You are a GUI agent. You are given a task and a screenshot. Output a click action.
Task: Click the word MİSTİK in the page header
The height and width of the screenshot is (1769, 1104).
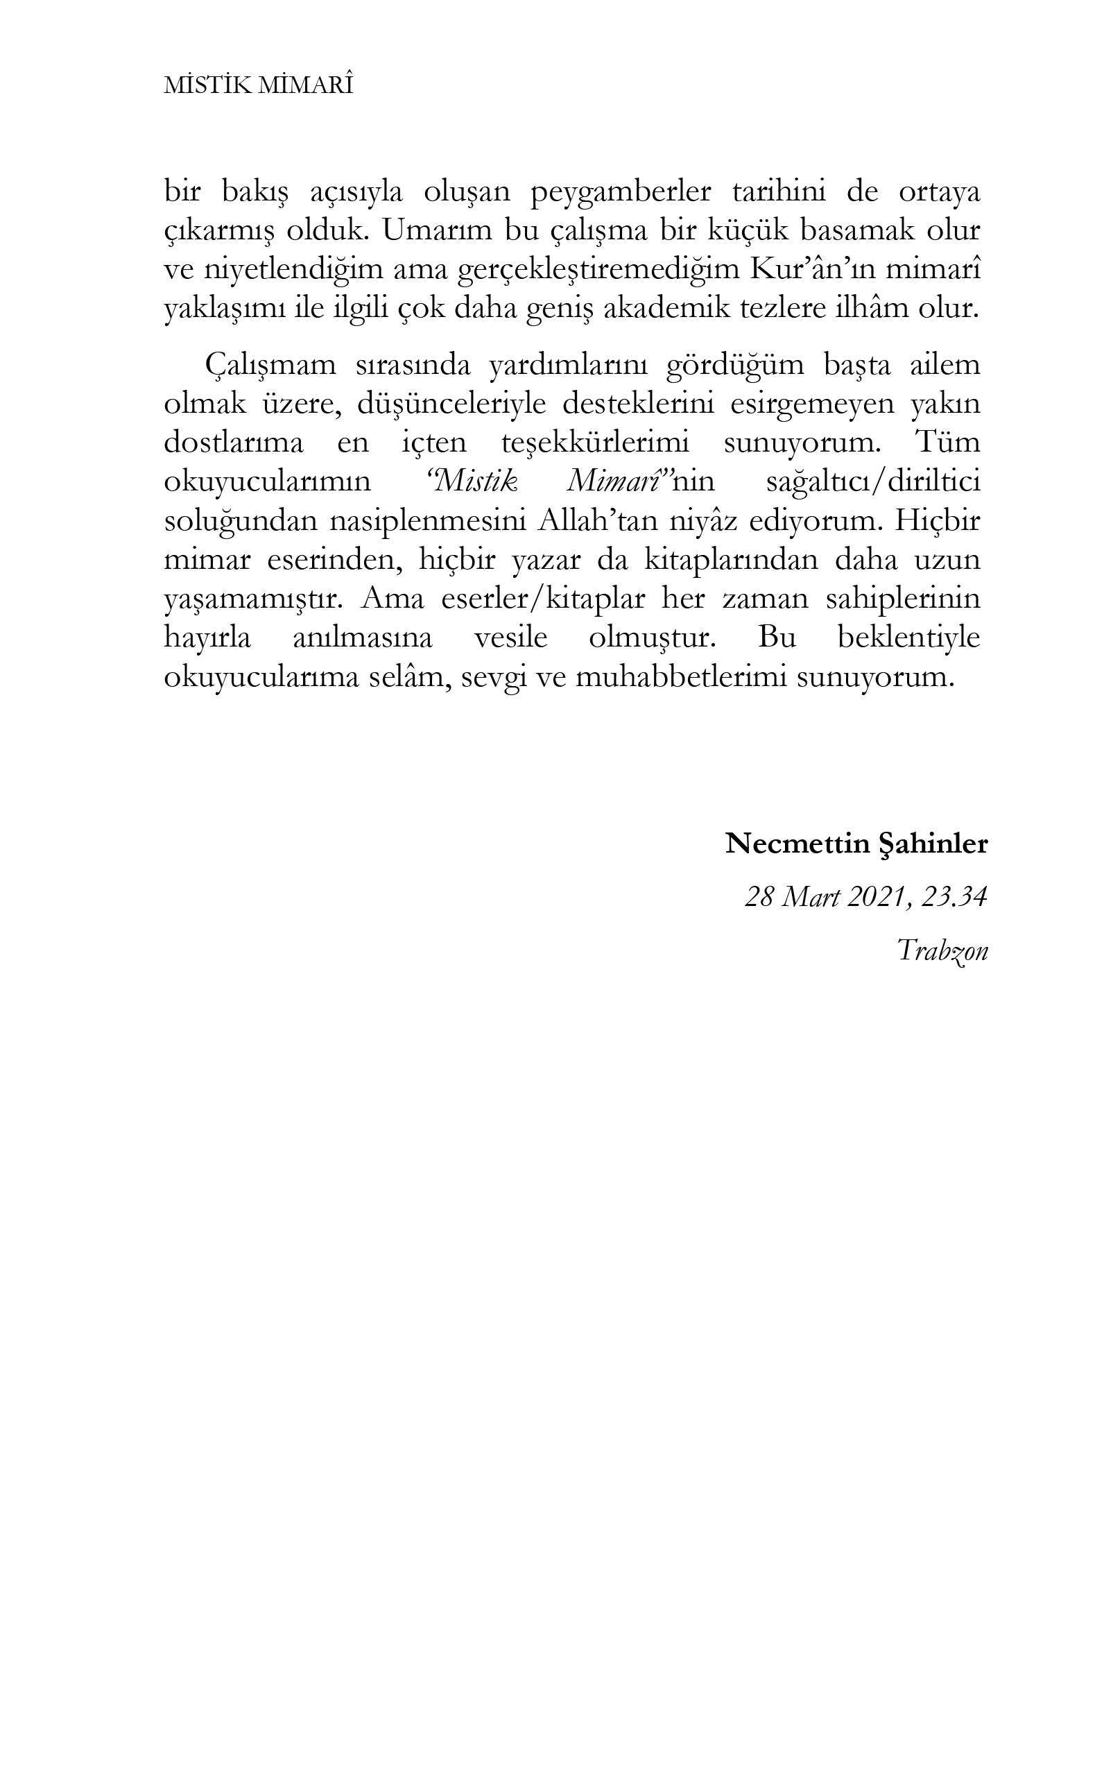[x=209, y=86]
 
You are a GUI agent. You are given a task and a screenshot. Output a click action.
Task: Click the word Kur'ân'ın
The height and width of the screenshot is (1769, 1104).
[x=822, y=271]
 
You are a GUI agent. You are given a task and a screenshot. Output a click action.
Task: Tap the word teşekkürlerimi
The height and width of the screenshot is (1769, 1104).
[x=595, y=443]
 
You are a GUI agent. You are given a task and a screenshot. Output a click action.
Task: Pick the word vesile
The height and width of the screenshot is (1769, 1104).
[x=510, y=638]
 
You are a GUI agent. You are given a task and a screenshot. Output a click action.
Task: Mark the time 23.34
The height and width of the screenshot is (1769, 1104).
[x=954, y=898]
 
